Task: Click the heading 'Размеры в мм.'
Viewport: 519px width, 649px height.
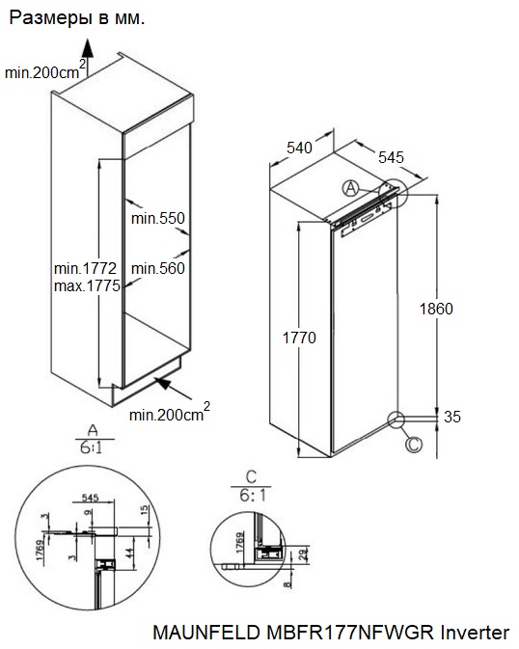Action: click(x=77, y=17)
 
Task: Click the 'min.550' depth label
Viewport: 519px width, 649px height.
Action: click(x=157, y=219)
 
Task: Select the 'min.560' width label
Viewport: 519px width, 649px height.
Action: click(x=157, y=268)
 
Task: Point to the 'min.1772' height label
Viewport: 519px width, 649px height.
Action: click(x=85, y=268)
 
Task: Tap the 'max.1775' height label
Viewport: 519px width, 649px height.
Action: click(x=85, y=286)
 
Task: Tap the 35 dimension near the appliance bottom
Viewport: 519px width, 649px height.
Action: click(x=451, y=417)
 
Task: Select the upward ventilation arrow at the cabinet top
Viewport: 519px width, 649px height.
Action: click(x=87, y=48)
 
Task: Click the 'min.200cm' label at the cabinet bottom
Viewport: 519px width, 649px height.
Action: click(x=166, y=415)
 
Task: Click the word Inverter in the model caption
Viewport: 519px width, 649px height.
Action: click(x=474, y=634)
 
